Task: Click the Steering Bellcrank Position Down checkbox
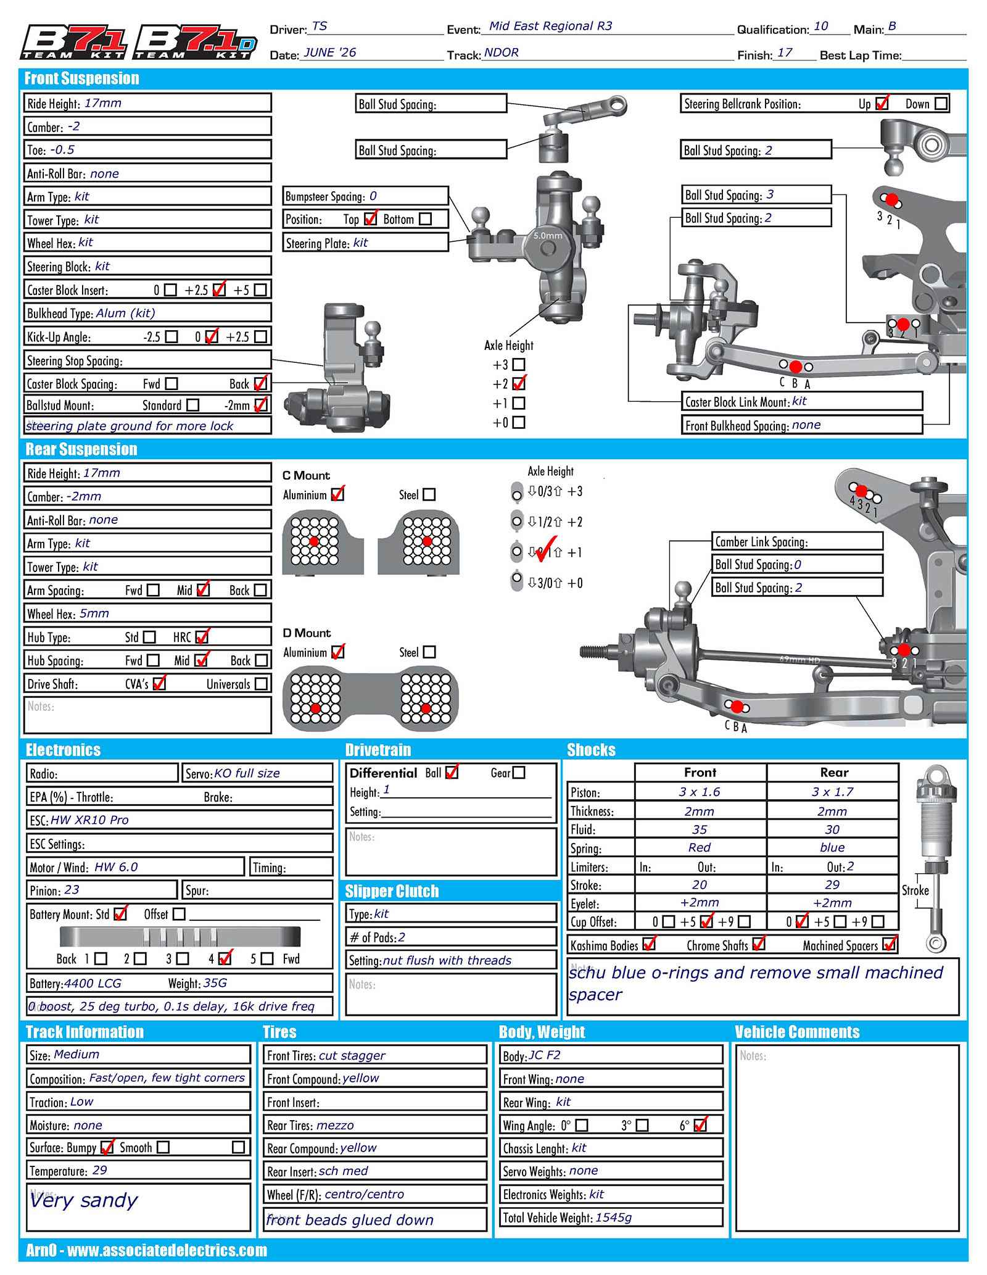pos(941,104)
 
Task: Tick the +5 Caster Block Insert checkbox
pos(260,289)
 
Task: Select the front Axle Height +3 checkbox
pos(519,365)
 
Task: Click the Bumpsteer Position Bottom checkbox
pos(425,219)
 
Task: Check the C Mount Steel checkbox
pos(429,494)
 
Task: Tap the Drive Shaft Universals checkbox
pos(261,684)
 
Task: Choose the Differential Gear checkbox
pos(519,773)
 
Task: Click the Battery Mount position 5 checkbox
pos(267,958)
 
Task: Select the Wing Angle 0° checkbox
pos(581,1125)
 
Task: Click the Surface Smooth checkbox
pos(163,1147)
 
